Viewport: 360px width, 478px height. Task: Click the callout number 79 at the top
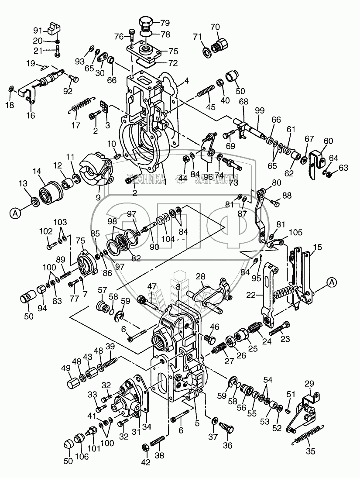tap(165, 23)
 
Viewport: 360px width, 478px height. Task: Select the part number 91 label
tap(38, 31)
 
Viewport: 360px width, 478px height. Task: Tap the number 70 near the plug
tap(215, 27)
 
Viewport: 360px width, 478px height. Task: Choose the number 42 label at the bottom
tap(146, 462)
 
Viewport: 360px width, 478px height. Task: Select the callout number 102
tap(46, 232)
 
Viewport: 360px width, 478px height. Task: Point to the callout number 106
tap(82, 465)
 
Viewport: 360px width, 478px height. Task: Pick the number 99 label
tap(260, 110)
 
